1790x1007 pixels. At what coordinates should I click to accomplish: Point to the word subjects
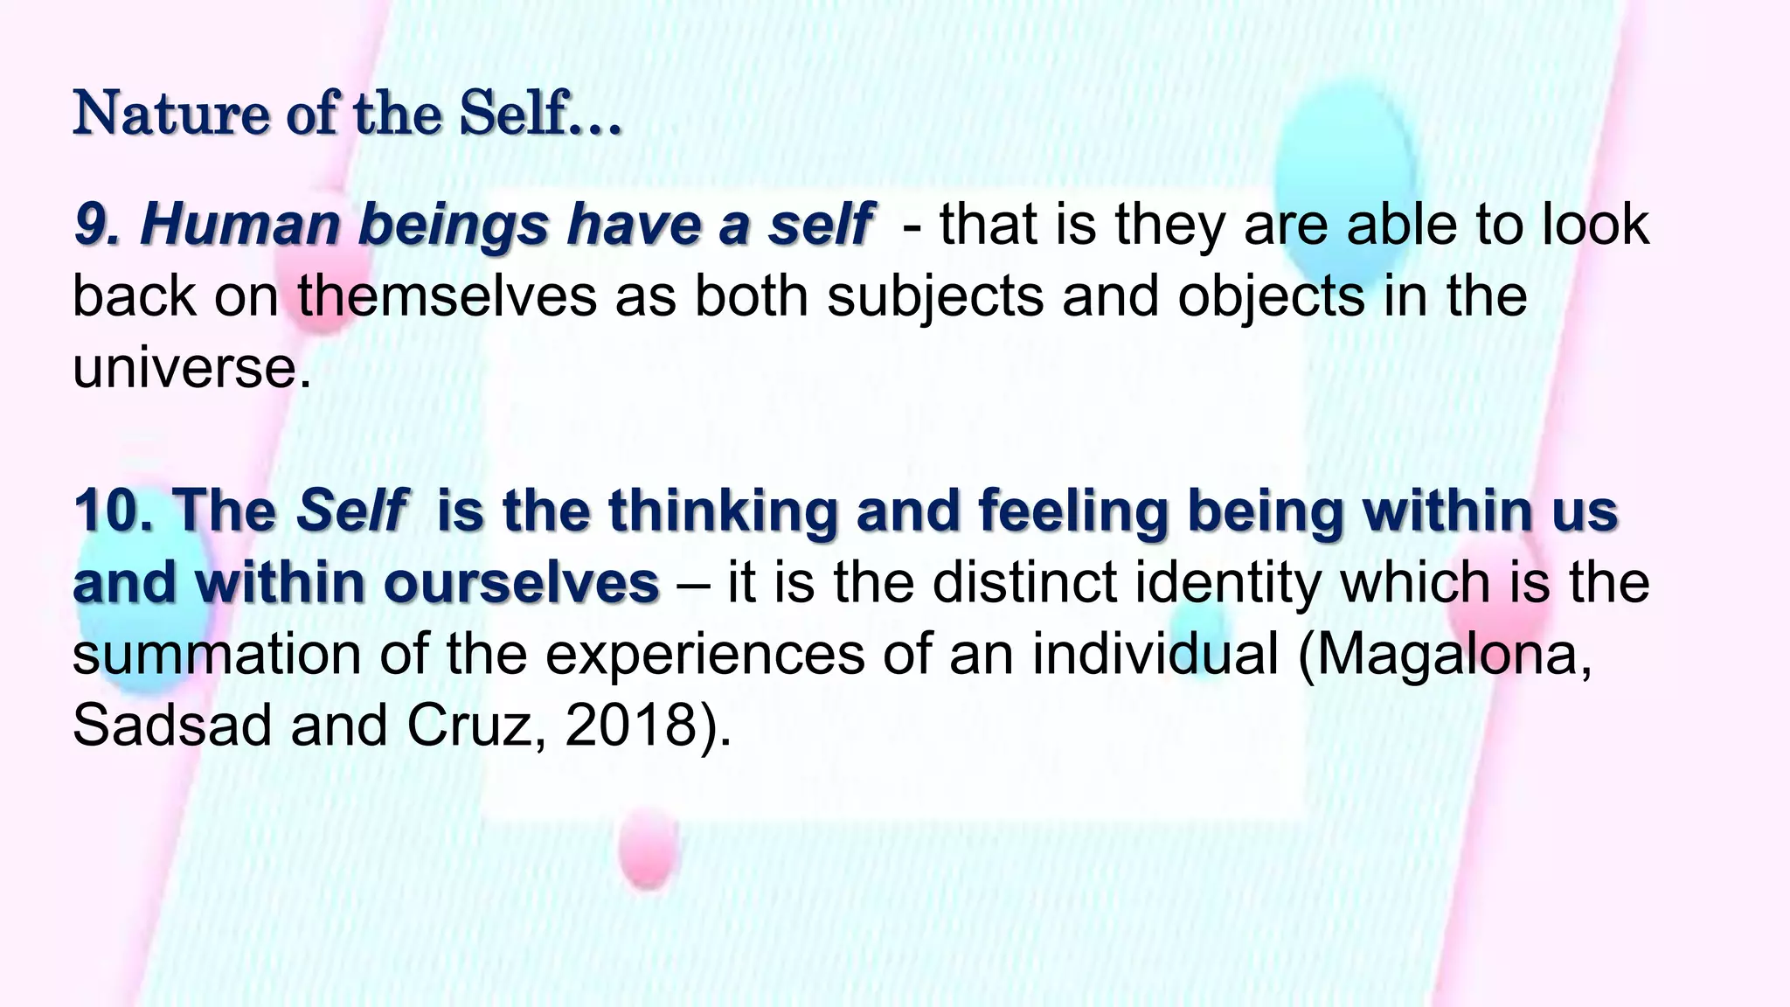pos(935,297)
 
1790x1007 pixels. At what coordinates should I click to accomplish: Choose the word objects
pos(1270,297)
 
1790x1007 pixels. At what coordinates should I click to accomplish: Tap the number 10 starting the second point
pos(112,510)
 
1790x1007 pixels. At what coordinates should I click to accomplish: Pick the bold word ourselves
pos(521,582)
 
